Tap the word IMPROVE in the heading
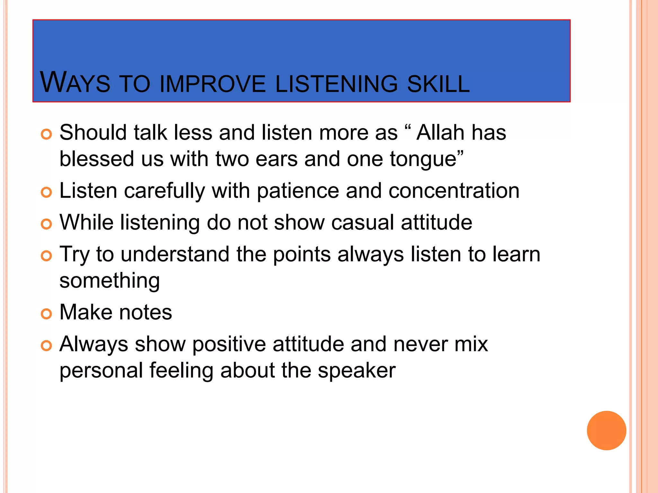tap(213, 84)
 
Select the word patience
tap(298, 191)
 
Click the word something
tap(110, 281)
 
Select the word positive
tap(229, 344)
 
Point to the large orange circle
tap(606, 430)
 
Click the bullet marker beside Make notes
tap(47, 314)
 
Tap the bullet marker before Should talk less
tap(47, 134)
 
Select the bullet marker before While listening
tap(47, 224)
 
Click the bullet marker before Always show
tap(47, 346)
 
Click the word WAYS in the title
tap(75, 83)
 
